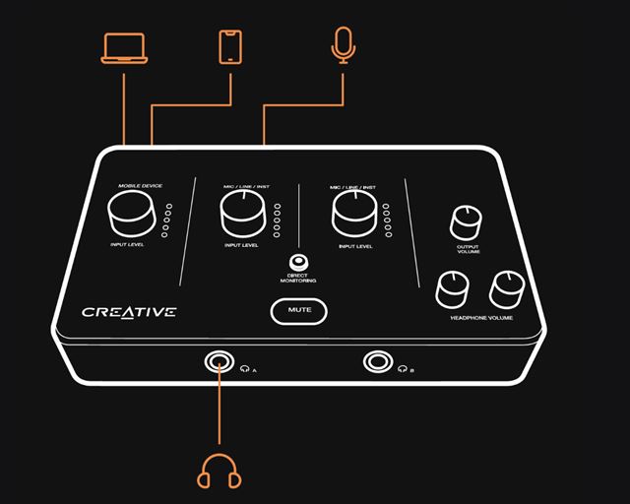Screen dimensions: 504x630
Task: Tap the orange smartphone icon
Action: point(231,47)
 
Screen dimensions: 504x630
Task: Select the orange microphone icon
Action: point(342,44)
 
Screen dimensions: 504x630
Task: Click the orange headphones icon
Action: point(220,472)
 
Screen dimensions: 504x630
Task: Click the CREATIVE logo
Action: point(129,312)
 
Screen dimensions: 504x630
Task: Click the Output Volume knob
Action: point(468,222)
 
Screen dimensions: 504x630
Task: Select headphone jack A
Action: point(219,362)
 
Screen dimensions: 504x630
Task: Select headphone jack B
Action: point(376,361)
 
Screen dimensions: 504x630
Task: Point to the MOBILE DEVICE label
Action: point(140,185)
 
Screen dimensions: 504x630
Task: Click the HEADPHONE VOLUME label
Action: point(482,317)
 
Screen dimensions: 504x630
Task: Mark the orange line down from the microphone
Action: point(342,84)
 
